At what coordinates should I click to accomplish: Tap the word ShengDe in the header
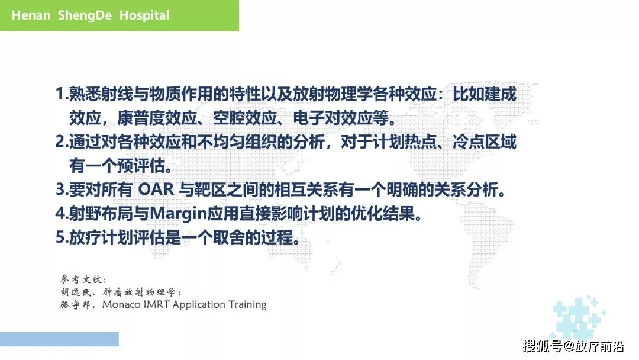coord(85,15)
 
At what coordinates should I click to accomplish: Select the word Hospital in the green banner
coord(144,15)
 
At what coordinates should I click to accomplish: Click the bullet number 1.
coord(59,94)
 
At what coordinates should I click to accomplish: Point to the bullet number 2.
coord(59,142)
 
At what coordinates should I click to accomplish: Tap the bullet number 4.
coord(59,214)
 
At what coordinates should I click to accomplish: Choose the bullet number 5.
coord(59,237)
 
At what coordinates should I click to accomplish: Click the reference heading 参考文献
coord(83,279)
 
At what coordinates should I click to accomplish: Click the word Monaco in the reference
coord(122,305)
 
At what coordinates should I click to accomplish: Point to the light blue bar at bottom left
coord(59,339)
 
